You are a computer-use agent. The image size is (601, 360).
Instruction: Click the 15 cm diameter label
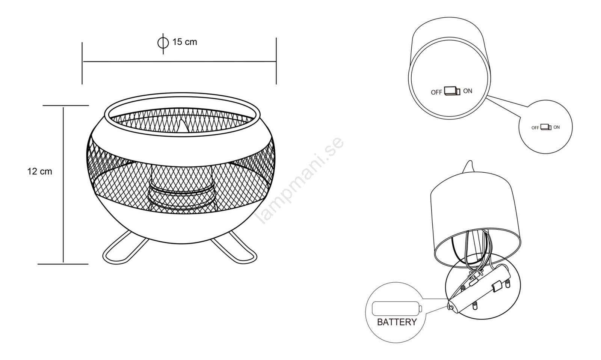[x=184, y=42]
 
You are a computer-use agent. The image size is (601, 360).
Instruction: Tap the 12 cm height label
[x=40, y=172]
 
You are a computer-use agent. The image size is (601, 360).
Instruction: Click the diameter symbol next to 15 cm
[x=163, y=43]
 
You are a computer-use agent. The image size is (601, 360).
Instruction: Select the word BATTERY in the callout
[x=397, y=322]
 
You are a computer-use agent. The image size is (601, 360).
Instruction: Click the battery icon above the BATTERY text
[x=397, y=309]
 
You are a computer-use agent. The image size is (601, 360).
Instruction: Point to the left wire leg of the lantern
[x=125, y=248]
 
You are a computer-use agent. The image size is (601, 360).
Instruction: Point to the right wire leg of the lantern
[x=234, y=248]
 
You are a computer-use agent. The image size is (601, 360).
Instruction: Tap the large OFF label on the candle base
[x=436, y=92]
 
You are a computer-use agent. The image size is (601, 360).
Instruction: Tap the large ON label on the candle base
[x=468, y=91]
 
